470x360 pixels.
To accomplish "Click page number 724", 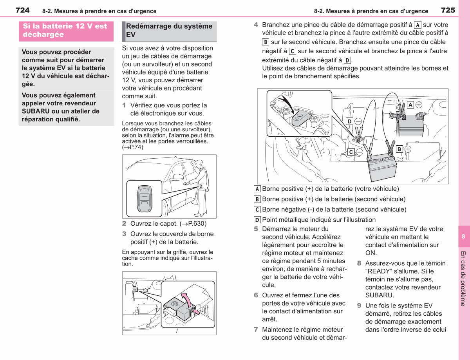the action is click(x=22, y=10).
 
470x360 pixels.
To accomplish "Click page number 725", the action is click(x=448, y=10).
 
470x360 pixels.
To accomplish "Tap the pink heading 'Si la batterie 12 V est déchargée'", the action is click(x=65, y=30).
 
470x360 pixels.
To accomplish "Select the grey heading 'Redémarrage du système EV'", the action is click(x=169, y=30).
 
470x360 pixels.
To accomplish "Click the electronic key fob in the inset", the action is click(x=145, y=199).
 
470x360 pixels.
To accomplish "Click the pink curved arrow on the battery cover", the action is click(x=186, y=299).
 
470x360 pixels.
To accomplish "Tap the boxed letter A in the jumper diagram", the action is click(x=410, y=105).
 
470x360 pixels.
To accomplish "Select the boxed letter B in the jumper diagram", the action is click(x=399, y=149).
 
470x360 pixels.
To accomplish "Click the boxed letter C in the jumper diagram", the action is click(x=351, y=152).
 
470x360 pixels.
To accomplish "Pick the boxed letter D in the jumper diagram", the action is click(x=349, y=121).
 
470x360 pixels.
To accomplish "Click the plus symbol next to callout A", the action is click(x=419, y=105).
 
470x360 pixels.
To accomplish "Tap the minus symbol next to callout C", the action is click(x=360, y=152).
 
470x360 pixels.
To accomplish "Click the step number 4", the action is click(x=256, y=25).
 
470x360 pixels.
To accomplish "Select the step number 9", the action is click(x=359, y=306).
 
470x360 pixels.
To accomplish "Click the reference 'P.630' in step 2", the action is click(x=197, y=223).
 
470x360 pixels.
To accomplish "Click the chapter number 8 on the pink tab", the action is click(x=463, y=236).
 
